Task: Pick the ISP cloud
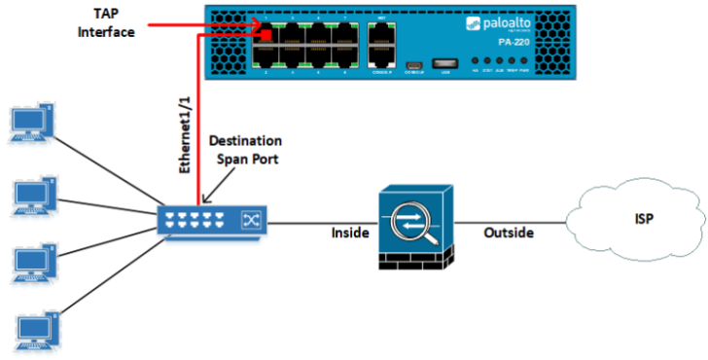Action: tap(637, 219)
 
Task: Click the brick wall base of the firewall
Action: tap(409, 261)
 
